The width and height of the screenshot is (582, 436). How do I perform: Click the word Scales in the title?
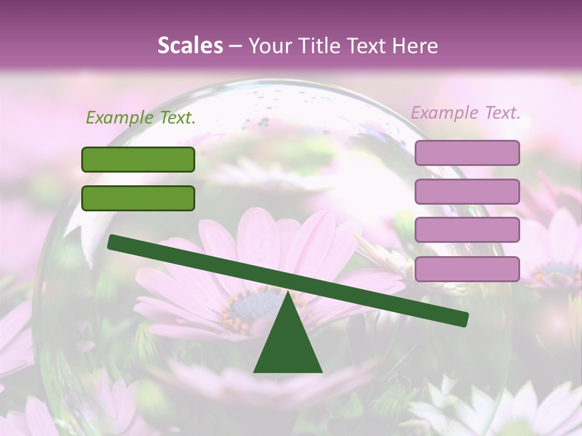pyautogui.click(x=190, y=45)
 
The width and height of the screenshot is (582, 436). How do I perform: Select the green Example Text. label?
pyautogui.click(x=141, y=117)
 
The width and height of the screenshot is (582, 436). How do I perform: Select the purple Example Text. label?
pyautogui.click(x=466, y=112)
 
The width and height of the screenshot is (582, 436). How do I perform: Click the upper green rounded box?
pyautogui.click(x=138, y=159)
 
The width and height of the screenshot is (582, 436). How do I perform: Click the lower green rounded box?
pyautogui.click(x=138, y=198)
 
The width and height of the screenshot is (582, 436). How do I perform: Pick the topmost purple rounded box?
pyautogui.click(x=467, y=153)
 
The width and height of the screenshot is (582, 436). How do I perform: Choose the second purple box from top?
pyautogui.click(x=467, y=191)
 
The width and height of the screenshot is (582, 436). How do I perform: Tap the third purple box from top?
pyautogui.click(x=467, y=230)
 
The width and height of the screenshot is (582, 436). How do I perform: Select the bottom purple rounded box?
pyautogui.click(x=467, y=269)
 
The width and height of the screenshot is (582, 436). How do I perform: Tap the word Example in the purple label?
pyautogui.click(x=445, y=112)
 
